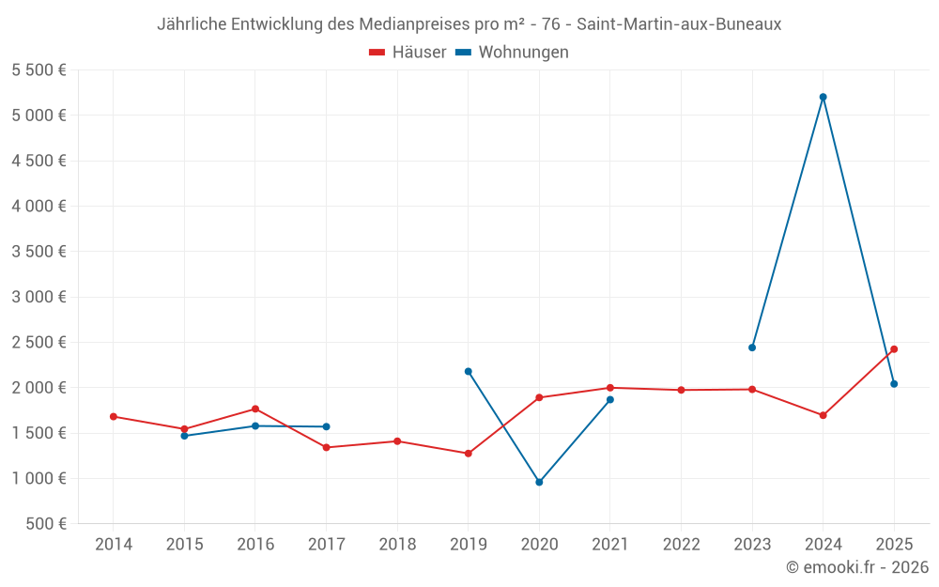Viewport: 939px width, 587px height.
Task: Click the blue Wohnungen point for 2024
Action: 824,97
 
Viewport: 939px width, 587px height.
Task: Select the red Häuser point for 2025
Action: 894,349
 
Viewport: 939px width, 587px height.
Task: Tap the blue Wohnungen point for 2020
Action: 539,482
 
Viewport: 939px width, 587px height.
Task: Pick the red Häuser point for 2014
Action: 114,416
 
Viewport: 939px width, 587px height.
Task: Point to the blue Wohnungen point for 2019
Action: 469,371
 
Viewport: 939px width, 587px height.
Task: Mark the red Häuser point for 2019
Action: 469,454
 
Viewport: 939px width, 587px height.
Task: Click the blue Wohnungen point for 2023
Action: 752,348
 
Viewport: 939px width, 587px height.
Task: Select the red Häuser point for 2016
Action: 255,409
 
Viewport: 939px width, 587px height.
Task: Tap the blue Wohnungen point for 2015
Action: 184,436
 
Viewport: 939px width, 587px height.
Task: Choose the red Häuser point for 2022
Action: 681,390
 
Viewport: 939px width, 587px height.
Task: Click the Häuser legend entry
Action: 408,53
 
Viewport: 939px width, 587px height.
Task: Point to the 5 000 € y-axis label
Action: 39,116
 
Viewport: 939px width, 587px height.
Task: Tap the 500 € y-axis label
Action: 46,524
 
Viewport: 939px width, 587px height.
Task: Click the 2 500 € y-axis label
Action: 39,343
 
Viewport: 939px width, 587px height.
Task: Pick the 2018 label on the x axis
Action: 397,545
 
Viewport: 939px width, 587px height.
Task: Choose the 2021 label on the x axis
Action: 610,545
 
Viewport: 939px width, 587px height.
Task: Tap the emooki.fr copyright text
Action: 857,567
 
